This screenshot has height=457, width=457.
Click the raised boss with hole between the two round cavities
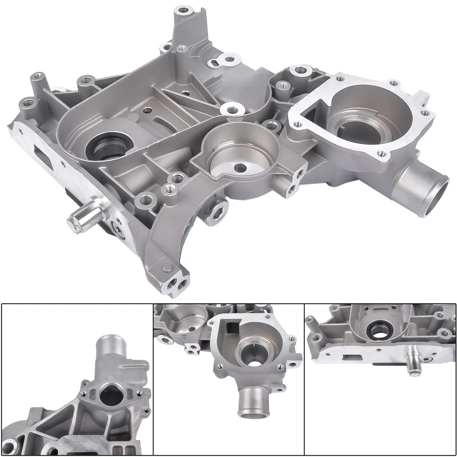pyautogui.click(x=232, y=109)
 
